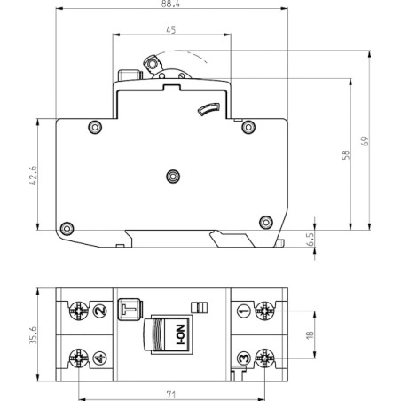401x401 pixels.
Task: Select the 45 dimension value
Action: tap(170, 30)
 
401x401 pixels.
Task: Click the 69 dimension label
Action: tap(365, 140)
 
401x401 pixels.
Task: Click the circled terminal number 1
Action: tap(243, 310)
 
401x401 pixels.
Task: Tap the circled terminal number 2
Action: tap(98, 310)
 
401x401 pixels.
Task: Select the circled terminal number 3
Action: tap(243, 358)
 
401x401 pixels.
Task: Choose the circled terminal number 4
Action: tap(99, 358)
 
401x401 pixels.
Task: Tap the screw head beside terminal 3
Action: tap(263, 358)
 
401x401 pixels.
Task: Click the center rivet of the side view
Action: tap(172, 177)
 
